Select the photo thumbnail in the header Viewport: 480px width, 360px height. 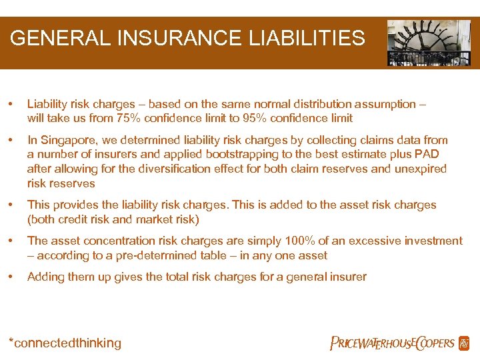click(x=429, y=43)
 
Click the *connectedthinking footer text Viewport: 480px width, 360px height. click(x=65, y=343)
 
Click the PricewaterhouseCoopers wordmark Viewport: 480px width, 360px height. click(x=392, y=343)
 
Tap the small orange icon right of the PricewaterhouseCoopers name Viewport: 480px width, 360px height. click(x=464, y=343)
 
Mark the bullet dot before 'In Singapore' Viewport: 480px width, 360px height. click(x=10, y=140)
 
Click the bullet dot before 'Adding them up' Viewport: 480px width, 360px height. click(x=10, y=277)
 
